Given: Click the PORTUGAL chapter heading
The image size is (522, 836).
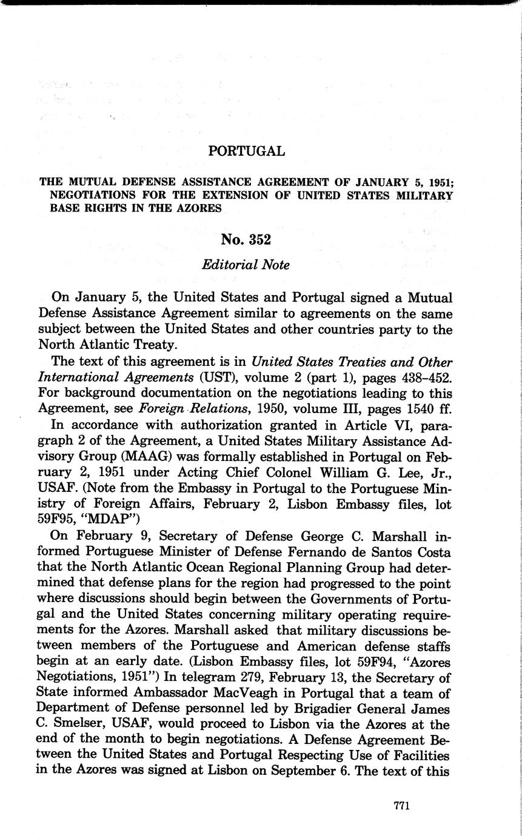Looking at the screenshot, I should tap(246, 151).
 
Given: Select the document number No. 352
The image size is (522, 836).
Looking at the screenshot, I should tap(246, 239).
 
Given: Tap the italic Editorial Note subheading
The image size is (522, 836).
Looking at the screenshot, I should tap(246, 265).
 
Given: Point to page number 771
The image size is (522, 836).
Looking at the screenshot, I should tap(403, 805).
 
